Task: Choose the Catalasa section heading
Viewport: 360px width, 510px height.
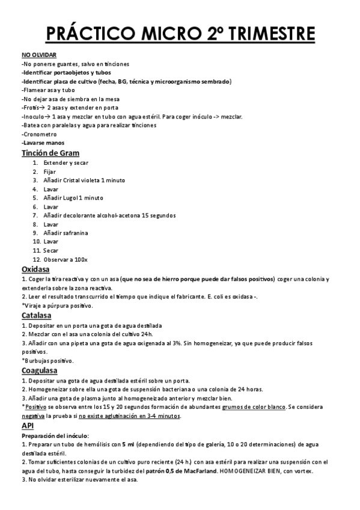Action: [x=37, y=315]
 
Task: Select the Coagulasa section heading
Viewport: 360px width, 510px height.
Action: [x=41, y=370]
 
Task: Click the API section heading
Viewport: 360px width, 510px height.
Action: [x=28, y=425]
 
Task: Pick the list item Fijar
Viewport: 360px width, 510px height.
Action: [x=49, y=171]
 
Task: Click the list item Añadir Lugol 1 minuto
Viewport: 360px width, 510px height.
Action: [x=73, y=198]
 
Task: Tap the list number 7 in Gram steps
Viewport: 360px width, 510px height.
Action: [x=35, y=215]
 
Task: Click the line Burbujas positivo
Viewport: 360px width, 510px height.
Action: [x=47, y=360]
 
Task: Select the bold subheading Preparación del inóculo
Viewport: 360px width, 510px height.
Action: [x=55, y=435]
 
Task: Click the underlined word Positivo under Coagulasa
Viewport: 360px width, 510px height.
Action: [x=36, y=407]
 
